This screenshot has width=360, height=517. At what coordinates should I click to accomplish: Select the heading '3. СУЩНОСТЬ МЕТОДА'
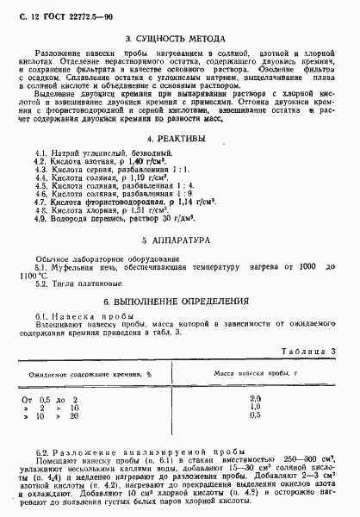click(176, 39)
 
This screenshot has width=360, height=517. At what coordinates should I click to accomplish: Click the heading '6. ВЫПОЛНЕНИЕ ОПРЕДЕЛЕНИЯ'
click(175, 302)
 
